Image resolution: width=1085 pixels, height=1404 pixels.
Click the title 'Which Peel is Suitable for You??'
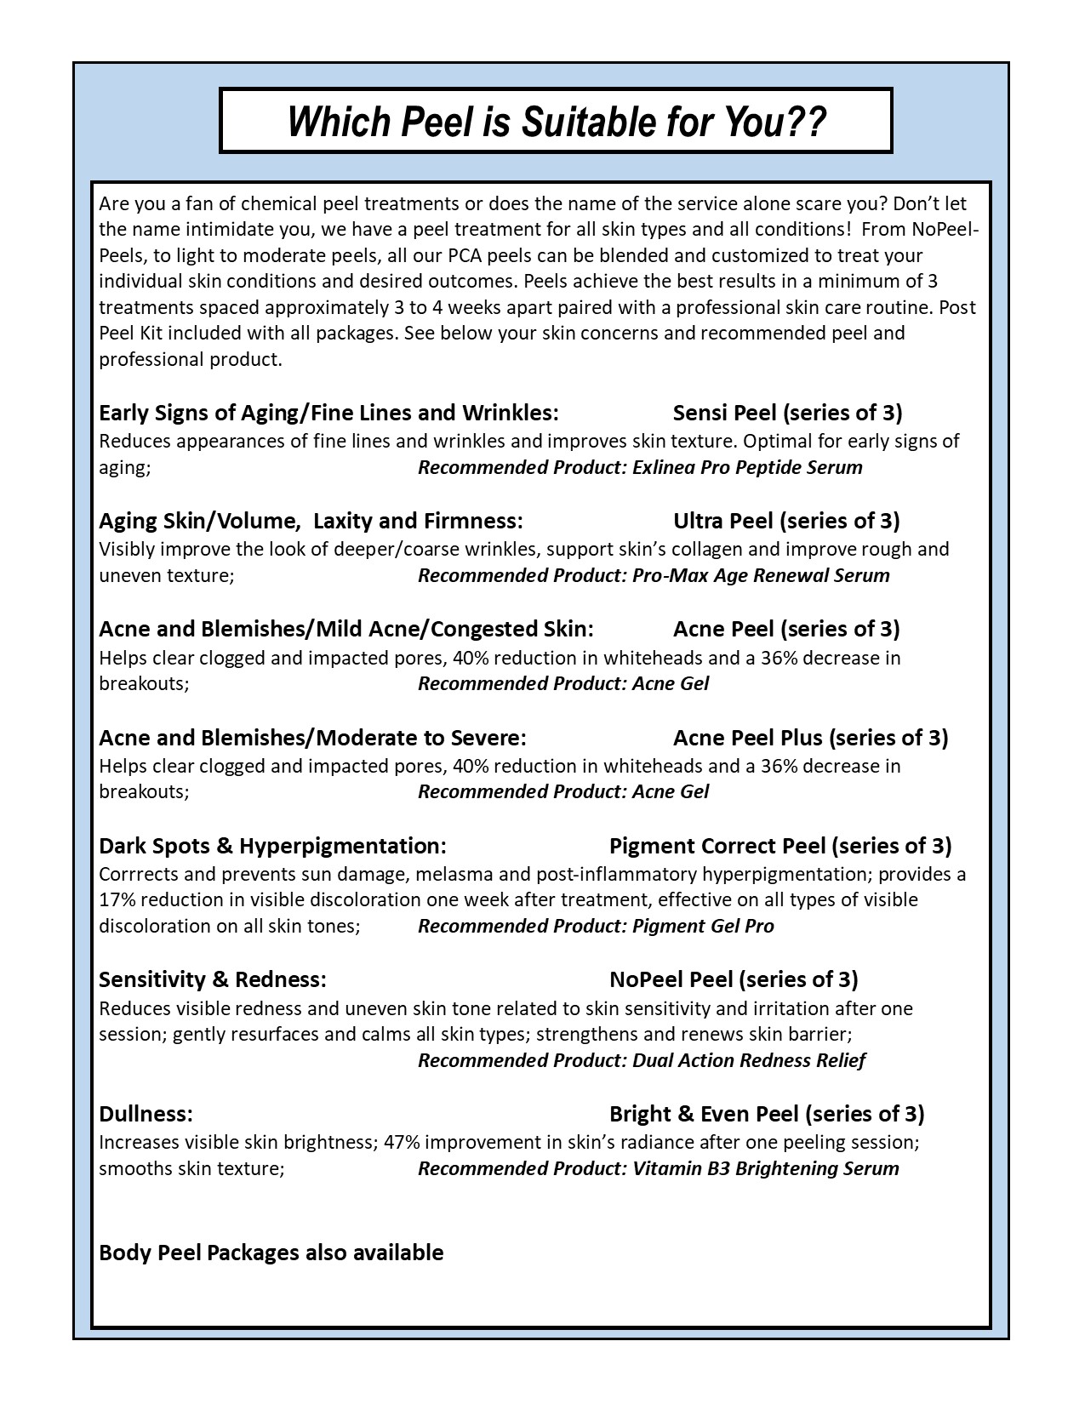556,122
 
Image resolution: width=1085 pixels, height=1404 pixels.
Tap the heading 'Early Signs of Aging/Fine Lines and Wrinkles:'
328,413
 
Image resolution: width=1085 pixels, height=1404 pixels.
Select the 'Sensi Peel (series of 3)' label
787,413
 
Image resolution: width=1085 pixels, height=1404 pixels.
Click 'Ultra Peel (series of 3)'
785,521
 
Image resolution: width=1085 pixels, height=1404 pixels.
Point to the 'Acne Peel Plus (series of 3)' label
810,738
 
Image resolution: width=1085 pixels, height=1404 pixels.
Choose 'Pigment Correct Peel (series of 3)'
780,846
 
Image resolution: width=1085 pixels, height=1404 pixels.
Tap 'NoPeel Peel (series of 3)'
734,979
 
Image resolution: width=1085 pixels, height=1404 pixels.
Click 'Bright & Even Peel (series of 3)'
767,1114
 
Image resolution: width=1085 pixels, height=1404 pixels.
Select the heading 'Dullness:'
146,1114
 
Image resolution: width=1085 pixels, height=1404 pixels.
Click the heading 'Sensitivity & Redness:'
213,979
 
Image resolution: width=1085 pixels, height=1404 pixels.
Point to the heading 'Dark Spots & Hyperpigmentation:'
272,846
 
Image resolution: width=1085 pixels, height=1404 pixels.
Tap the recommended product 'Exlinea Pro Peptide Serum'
747,467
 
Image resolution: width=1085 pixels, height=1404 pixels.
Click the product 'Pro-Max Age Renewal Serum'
761,575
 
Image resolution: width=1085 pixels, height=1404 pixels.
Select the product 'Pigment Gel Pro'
703,926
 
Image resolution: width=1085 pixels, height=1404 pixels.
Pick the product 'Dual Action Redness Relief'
749,1060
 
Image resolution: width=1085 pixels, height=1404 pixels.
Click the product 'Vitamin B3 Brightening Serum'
765,1168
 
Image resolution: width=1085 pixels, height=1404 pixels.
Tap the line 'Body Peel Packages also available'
271,1253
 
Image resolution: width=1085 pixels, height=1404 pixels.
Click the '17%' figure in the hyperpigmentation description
117,899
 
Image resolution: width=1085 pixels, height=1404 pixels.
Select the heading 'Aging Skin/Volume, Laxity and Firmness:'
311,521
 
